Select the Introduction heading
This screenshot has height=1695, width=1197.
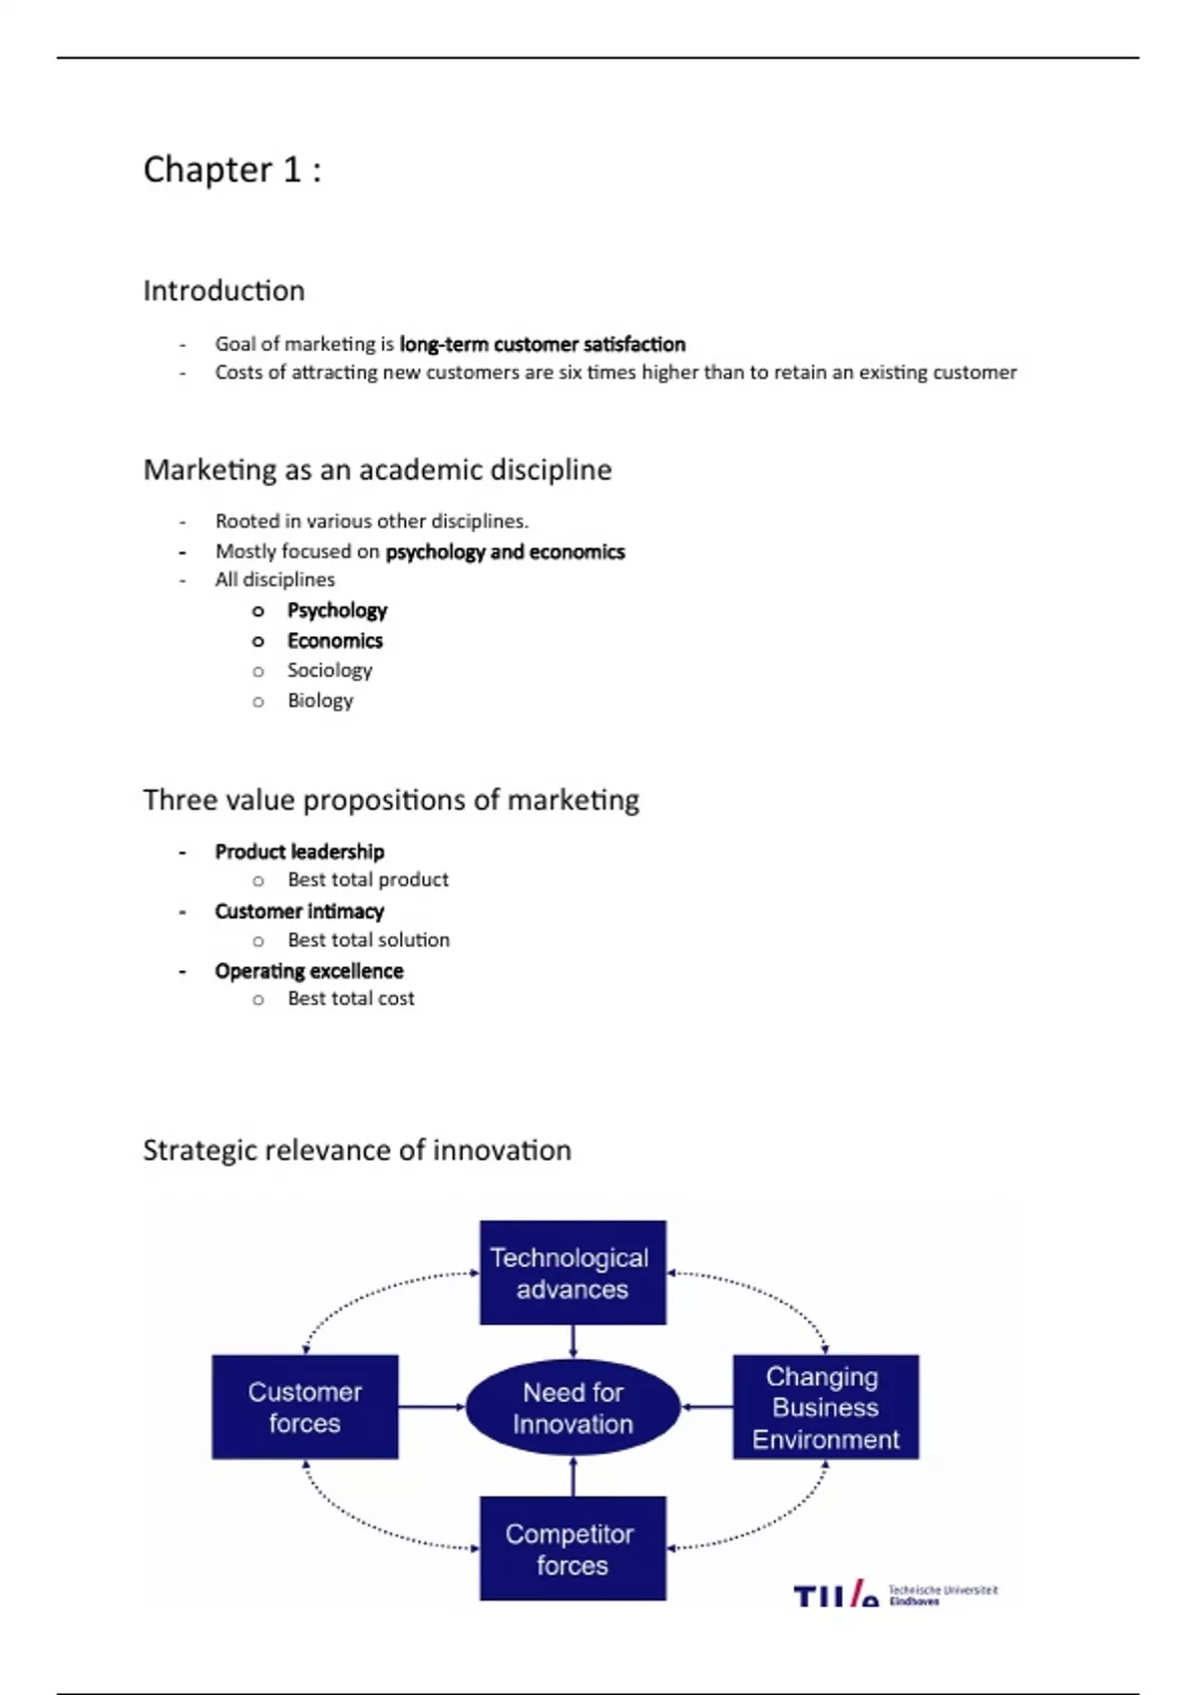click(x=224, y=290)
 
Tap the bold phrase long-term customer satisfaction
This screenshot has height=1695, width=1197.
click(x=543, y=344)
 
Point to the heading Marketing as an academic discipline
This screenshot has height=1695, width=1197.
click(x=377, y=470)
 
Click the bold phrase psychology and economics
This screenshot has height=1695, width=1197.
click(x=505, y=551)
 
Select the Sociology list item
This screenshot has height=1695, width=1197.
click(x=330, y=671)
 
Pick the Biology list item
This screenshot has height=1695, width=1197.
click(x=320, y=701)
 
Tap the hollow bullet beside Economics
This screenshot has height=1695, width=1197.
click(x=258, y=642)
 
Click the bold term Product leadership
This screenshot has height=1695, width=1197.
click(x=300, y=852)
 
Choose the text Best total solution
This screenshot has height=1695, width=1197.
click(x=369, y=940)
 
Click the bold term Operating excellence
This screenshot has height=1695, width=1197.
click(x=309, y=971)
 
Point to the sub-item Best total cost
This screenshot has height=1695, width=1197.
click(x=351, y=999)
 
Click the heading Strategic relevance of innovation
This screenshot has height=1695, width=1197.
click(x=357, y=1151)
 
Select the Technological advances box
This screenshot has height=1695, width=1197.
click(x=574, y=1272)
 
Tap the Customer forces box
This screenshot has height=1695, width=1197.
click(x=305, y=1407)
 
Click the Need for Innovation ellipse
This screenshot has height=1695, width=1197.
click(x=574, y=1408)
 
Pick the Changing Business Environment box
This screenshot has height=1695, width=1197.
click(x=826, y=1407)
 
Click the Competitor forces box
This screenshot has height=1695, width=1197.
click(x=574, y=1548)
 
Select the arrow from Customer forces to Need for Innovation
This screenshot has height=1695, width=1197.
click(x=432, y=1407)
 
